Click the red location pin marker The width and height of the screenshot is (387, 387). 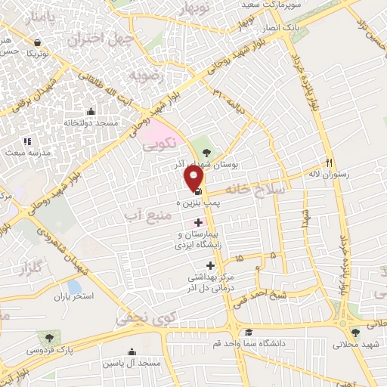pos(194,178)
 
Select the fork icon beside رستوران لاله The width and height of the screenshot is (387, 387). pos(329,163)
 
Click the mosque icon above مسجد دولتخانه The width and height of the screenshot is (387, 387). pos(91,112)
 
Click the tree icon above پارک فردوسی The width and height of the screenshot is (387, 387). pos(50,338)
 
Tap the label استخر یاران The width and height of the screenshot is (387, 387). pos(73,296)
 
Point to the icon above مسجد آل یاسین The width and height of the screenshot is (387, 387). pos(132,351)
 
